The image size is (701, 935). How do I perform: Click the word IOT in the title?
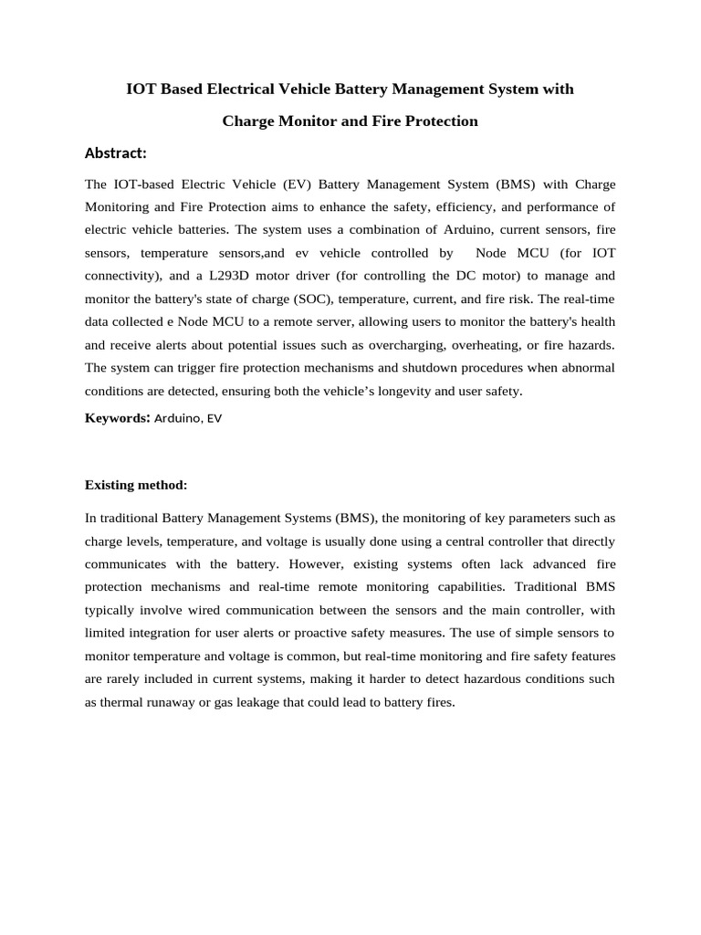pos(140,89)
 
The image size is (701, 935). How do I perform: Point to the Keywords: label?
pos(117,418)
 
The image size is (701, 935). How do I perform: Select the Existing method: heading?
pos(135,484)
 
